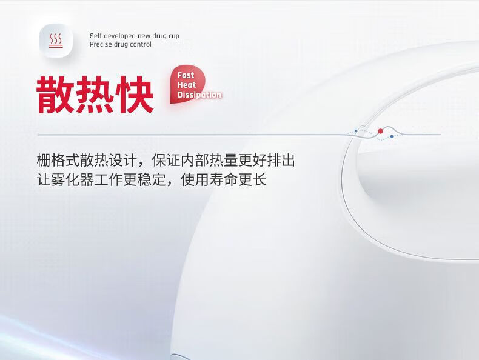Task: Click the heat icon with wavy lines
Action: pyautogui.click(x=56, y=41)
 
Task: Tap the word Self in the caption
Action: pyautogui.click(x=95, y=36)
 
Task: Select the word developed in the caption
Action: pyautogui.click(x=120, y=36)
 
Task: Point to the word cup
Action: pyautogui.click(x=174, y=36)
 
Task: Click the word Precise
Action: pyautogui.click(x=101, y=44)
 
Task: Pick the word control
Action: pyautogui.click(x=141, y=44)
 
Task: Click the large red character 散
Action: pyautogui.click(x=55, y=95)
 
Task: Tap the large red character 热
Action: pyautogui.click(x=95, y=95)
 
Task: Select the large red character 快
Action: pyautogui.click(x=135, y=95)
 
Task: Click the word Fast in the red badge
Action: pyautogui.click(x=186, y=75)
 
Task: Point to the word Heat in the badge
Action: pyautogui.click(x=187, y=85)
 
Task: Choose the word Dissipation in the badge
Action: pyautogui.click(x=199, y=95)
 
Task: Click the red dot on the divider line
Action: pyautogui.click(x=380, y=131)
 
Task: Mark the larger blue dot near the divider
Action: pyautogui.click(x=392, y=136)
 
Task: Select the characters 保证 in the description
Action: pyautogui.click(x=166, y=161)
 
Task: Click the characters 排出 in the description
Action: pyautogui.click(x=281, y=161)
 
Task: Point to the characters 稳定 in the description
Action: pyautogui.click(x=152, y=179)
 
